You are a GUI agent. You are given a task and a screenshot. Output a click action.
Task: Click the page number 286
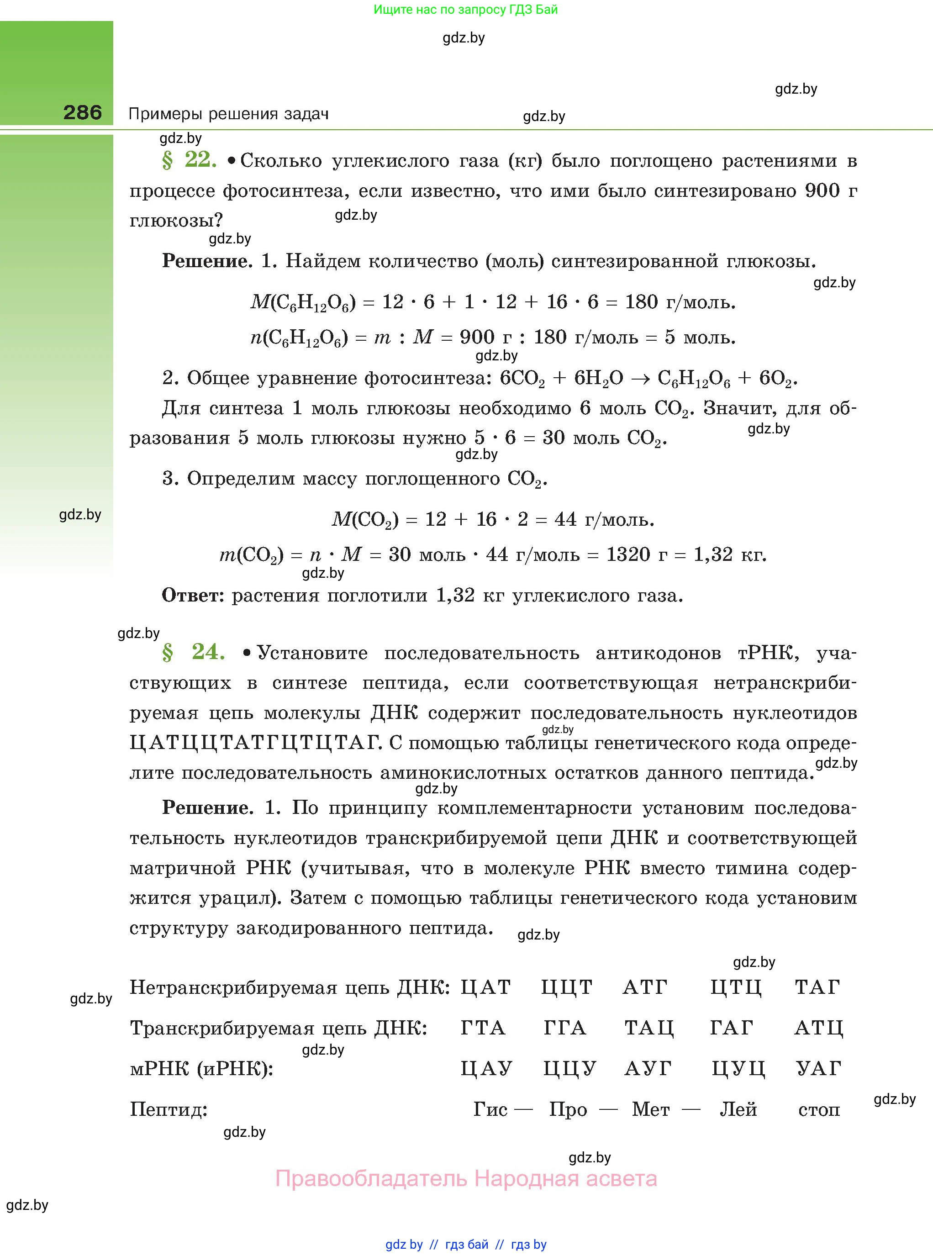[x=83, y=112]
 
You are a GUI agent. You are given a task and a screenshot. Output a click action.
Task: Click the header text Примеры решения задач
[x=228, y=114]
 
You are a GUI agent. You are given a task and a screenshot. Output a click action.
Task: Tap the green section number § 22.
[x=189, y=160]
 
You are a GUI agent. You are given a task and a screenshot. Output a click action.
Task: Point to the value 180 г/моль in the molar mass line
[x=680, y=302]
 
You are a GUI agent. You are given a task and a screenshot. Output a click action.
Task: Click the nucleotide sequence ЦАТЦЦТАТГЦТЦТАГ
[x=253, y=742]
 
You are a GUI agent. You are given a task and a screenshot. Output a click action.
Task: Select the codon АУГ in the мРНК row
[x=648, y=1068]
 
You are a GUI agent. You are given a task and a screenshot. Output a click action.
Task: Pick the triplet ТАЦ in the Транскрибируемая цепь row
[x=649, y=1028]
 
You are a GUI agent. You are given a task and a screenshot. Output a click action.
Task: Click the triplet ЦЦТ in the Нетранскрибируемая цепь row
[x=566, y=987]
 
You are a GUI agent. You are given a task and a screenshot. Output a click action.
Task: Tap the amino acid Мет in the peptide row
[x=651, y=1109]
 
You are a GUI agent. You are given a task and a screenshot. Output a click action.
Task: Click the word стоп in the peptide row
[x=818, y=1110]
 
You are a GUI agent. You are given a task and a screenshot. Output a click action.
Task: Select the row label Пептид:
[x=169, y=1109]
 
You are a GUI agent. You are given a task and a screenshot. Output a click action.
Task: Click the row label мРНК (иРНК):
[x=201, y=1068]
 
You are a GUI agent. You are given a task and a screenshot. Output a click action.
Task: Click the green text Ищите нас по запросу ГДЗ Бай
[x=465, y=10]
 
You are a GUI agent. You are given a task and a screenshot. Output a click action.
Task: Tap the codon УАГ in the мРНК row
[x=818, y=1068]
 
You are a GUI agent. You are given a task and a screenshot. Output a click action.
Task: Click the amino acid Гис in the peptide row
[x=490, y=1109]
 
